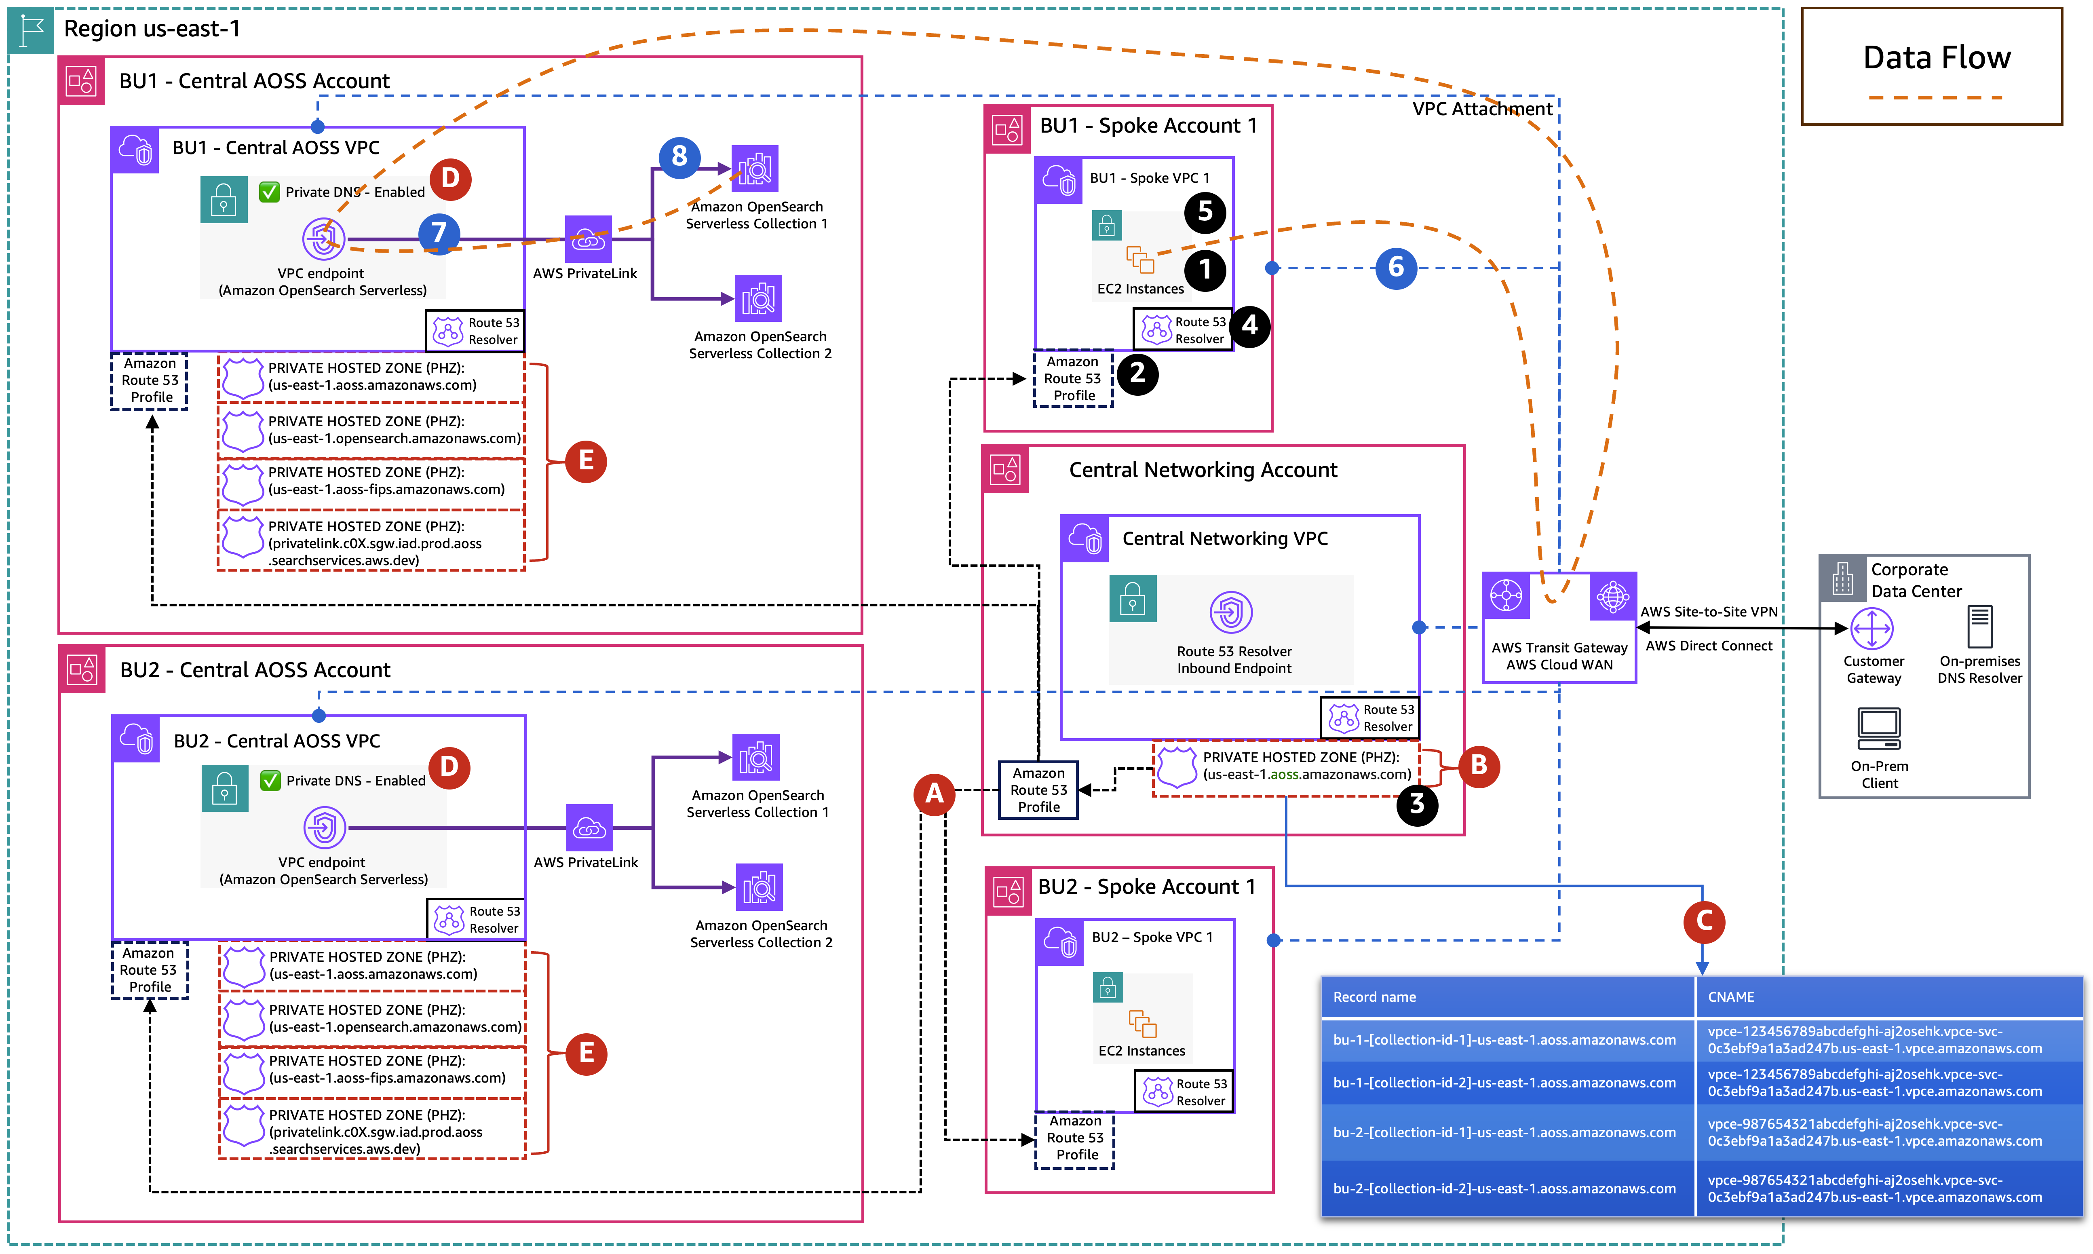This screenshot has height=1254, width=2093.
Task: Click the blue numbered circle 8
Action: point(679,157)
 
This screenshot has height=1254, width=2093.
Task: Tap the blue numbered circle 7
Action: point(439,232)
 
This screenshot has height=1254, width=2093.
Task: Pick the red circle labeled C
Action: point(1703,921)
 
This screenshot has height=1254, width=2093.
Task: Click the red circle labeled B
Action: point(1479,766)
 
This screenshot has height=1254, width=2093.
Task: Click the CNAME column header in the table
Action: point(1730,997)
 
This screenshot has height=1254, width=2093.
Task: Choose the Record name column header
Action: point(1374,997)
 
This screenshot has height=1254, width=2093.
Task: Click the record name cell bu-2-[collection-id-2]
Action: point(1504,1188)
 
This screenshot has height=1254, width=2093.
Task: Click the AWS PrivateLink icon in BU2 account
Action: point(589,828)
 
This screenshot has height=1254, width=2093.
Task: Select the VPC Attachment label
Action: point(1482,109)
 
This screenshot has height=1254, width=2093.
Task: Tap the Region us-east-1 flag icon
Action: point(31,30)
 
